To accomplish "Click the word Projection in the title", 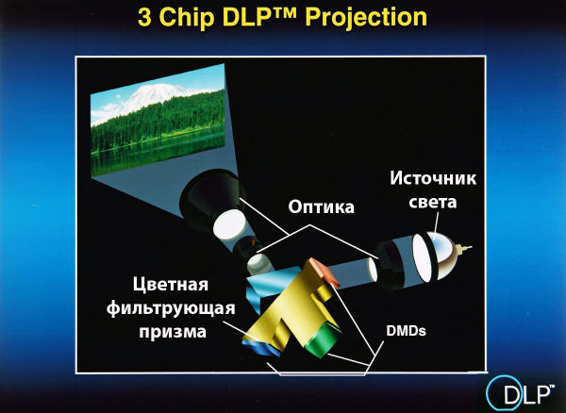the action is pos(366,17).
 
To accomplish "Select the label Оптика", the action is pos(321,207).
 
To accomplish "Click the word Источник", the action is pos(433,178).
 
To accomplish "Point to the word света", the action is pos(433,203).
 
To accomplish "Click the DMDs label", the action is pos(406,331).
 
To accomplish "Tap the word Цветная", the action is pos(171,285).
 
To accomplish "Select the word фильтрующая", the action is pos(171,308).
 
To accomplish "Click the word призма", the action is pos(173,332).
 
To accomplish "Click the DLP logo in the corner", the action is pos(520,393).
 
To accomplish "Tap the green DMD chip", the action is pos(323,340).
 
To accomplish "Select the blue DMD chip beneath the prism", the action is pos(260,348).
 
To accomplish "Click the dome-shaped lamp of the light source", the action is pos(442,256).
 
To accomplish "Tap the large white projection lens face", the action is pos(228,224).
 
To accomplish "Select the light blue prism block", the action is pos(268,285).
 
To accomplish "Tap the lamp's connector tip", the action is pos(464,249).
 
